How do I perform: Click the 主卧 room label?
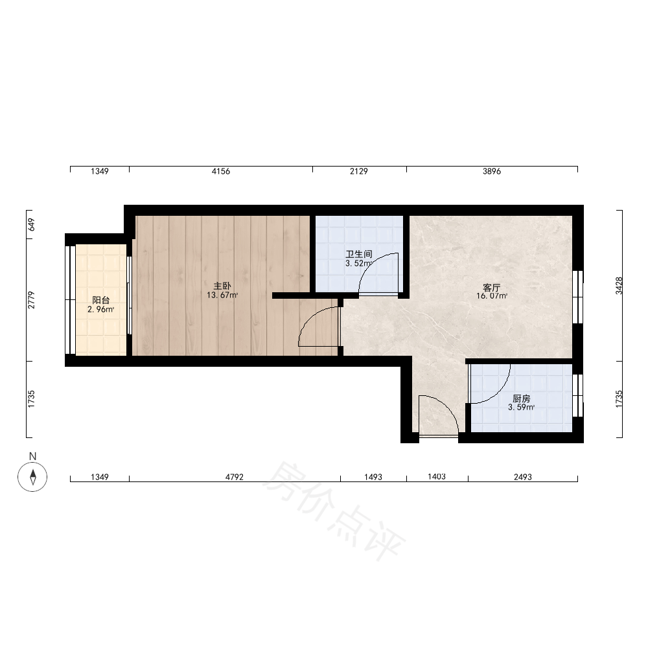click(222, 286)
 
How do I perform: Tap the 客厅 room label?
click(491, 288)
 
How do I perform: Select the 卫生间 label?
click(359, 254)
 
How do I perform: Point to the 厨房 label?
click(521, 399)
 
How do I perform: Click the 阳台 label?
click(101, 301)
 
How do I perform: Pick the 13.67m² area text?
click(222, 295)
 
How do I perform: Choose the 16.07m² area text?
click(492, 296)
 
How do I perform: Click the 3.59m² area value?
click(521, 407)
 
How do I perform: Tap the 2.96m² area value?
click(101, 309)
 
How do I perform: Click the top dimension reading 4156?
click(221, 171)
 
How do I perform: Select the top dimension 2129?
click(359, 171)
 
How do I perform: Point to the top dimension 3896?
click(492, 171)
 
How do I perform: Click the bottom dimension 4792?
click(235, 477)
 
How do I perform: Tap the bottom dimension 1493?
click(373, 477)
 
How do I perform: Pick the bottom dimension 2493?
click(523, 477)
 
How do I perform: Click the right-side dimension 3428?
click(619, 286)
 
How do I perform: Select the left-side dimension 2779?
click(31, 300)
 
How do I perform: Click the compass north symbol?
click(32, 476)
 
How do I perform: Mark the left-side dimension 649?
click(31, 225)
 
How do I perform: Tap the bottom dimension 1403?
click(436, 477)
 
